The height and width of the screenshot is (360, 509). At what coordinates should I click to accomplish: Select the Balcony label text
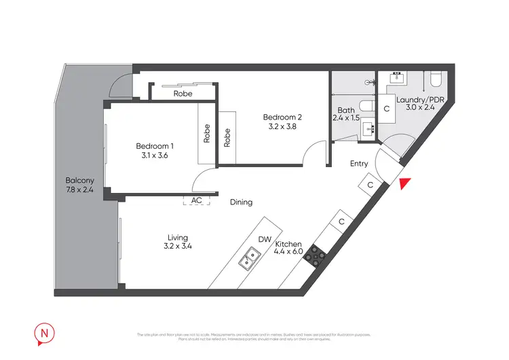tap(79, 180)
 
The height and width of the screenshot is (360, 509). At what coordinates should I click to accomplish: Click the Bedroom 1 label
tap(155, 146)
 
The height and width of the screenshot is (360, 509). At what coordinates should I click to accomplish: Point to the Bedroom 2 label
tap(282, 117)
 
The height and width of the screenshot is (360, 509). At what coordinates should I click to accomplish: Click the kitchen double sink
tap(248, 258)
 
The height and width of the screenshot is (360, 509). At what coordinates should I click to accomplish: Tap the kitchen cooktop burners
tap(316, 254)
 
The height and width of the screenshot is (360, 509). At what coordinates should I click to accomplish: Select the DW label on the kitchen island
tap(265, 239)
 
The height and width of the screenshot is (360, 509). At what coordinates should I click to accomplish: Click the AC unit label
tap(197, 201)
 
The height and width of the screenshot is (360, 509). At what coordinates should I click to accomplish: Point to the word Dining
tap(241, 202)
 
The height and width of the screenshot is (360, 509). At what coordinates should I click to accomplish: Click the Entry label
tap(359, 164)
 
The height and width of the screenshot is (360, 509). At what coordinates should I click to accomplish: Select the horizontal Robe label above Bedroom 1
tap(183, 94)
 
